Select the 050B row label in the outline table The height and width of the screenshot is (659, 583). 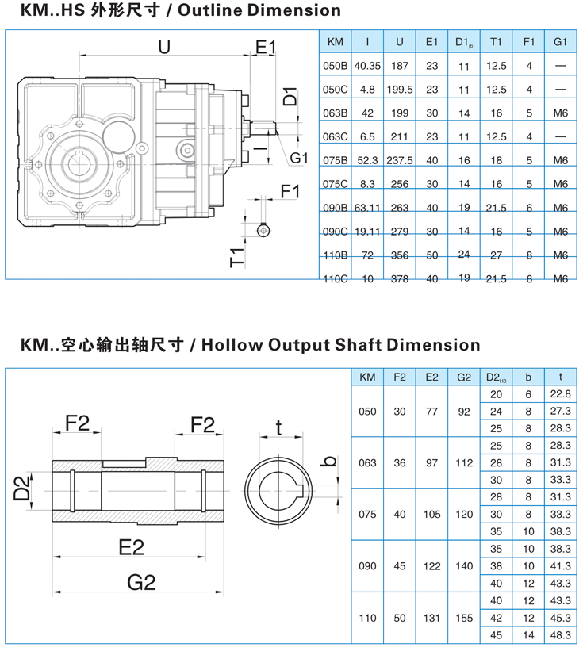click(x=336, y=66)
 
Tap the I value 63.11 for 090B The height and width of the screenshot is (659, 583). click(x=367, y=208)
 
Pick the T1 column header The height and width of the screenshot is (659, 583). click(x=497, y=41)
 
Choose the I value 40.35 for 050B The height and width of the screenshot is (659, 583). click(x=367, y=66)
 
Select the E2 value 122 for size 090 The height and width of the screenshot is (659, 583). click(x=431, y=566)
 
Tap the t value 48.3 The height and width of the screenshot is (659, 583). click(x=561, y=635)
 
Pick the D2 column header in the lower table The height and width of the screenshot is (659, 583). click(x=497, y=377)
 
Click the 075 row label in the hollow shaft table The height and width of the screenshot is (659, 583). click(x=367, y=515)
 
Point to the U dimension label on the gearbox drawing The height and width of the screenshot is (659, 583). click(x=164, y=48)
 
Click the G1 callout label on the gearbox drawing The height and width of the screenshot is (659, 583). click(x=298, y=159)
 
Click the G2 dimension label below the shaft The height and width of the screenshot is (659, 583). click(x=141, y=584)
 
